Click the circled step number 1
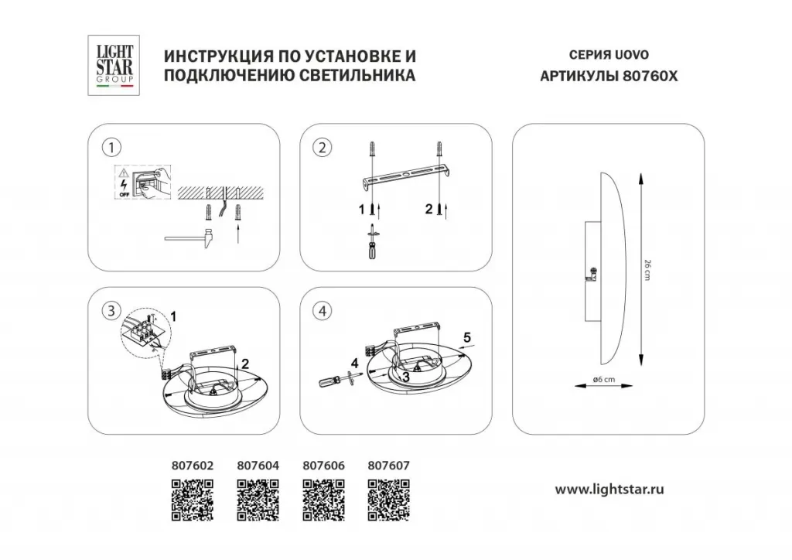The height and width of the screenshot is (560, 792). [112, 147]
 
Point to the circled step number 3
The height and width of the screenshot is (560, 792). [113, 310]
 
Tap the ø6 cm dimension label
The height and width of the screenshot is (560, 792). [604, 379]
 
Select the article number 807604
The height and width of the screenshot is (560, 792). [256, 466]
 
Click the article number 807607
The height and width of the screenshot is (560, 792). [389, 466]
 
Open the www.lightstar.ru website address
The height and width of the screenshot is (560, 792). [611, 489]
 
